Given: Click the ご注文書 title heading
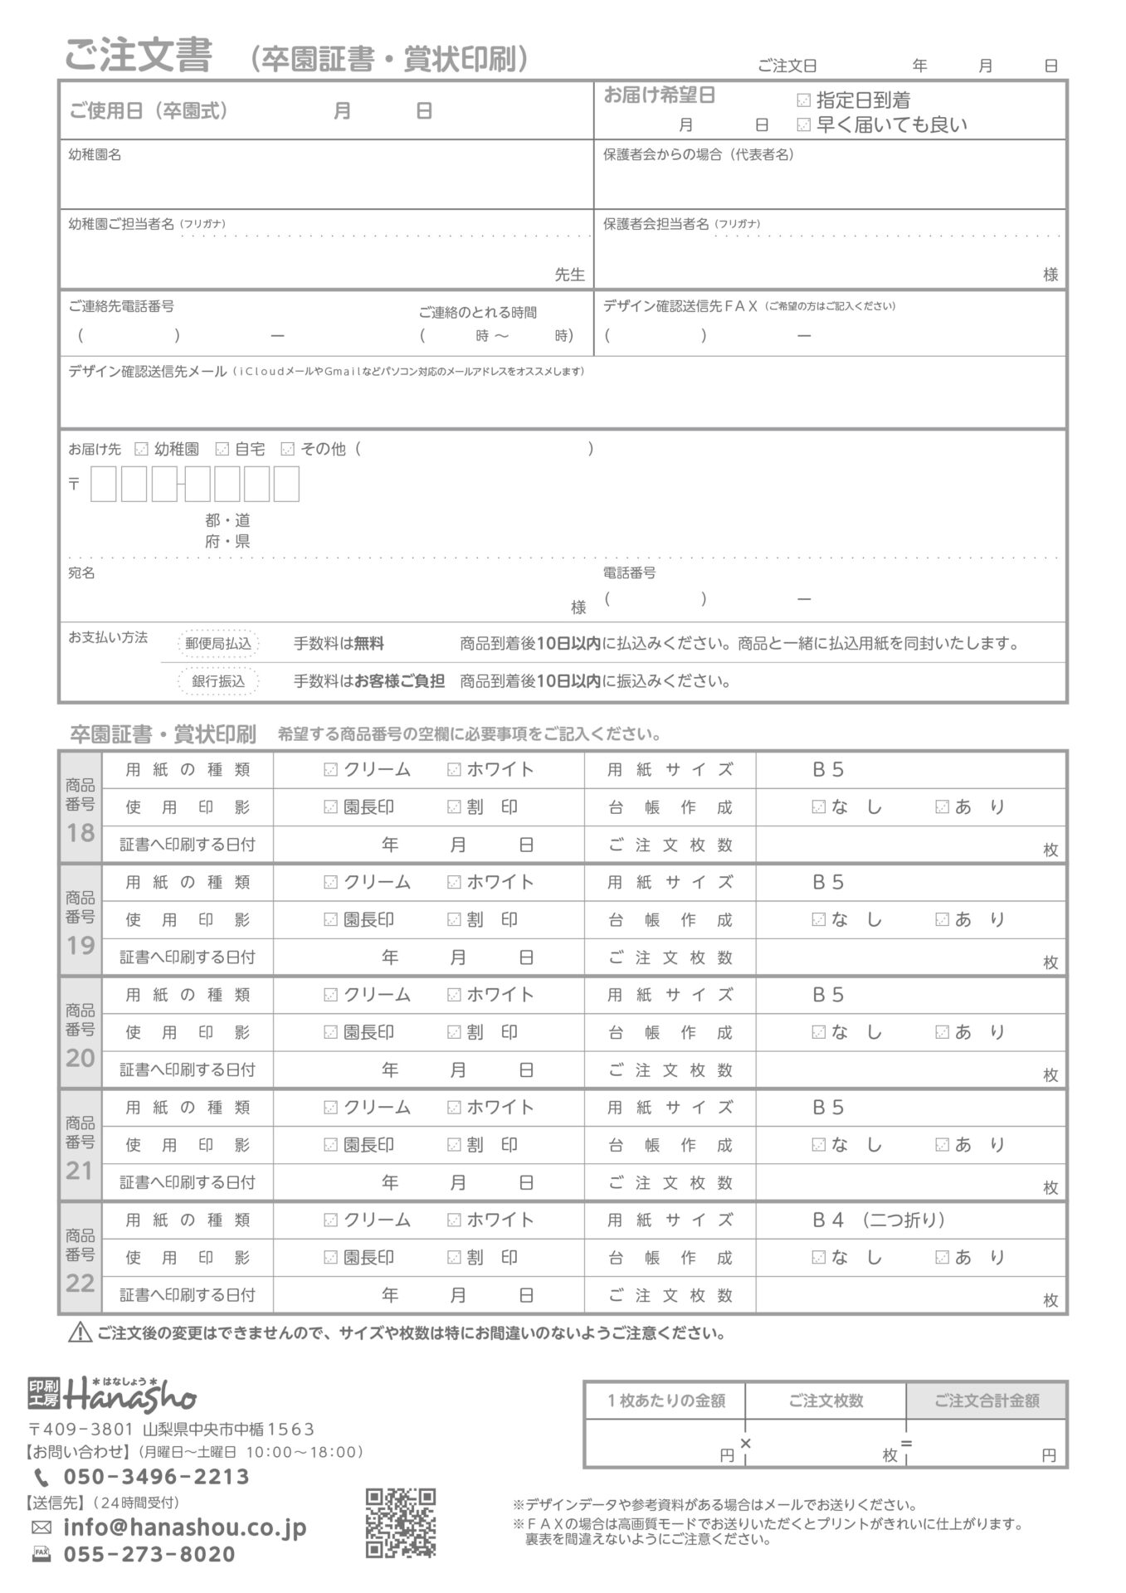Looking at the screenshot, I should pyautogui.click(x=139, y=56).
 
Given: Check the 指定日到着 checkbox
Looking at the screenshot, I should pyautogui.click(x=802, y=101).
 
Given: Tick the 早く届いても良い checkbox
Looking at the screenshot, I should pyautogui.click(x=802, y=125).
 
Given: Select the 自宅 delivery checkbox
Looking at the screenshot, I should pyautogui.click(x=222, y=449).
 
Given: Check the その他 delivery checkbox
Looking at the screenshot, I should pyautogui.click(x=287, y=449).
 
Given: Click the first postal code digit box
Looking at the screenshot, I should pyautogui.click(x=103, y=484).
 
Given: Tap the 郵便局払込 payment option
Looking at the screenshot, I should pyautogui.click(x=218, y=643).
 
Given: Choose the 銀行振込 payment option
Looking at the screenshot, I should pyautogui.click(x=218, y=681).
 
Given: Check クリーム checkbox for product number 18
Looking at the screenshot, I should pyautogui.click(x=330, y=770).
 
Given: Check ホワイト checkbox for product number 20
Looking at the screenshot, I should pyautogui.click(x=453, y=995).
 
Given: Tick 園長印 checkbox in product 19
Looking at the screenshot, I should pyautogui.click(x=330, y=920).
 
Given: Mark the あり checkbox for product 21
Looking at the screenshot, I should pyautogui.click(x=941, y=1145).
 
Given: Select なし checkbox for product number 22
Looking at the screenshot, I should pyautogui.click(x=818, y=1258).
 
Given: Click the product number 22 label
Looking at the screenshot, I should pyautogui.click(x=80, y=1259).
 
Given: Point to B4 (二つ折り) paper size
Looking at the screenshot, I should pyautogui.click(x=878, y=1220).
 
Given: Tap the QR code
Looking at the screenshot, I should pyautogui.click(x=400, y=1522).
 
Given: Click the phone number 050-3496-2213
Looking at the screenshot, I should pyautogui.click(x=156, y=1477).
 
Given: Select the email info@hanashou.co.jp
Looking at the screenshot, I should pyautogui.click(x=184, y=1527).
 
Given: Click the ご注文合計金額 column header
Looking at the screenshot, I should pyautogui.click(x=986, y=1401).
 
